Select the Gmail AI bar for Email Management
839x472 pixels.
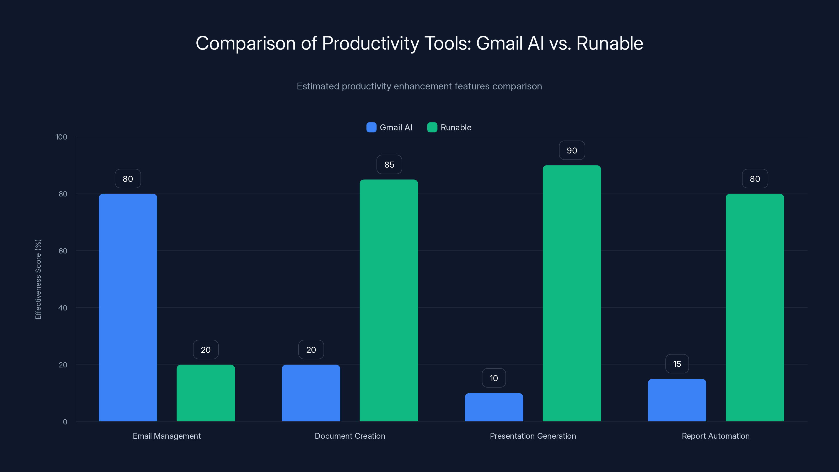tap(128, 308)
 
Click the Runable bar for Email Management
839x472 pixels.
tap(206, 393)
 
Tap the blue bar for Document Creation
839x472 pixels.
tap(311, 393)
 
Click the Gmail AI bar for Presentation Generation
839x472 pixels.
tap(494, 407)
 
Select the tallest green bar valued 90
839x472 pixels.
tap(572, 293)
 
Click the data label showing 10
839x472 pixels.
tap(494, 378)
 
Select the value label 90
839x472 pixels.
tap(572, 151)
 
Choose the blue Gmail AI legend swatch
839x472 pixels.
tap(371, 127)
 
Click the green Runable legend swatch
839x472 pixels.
tap(432, 127)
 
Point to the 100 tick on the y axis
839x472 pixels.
tap(61, 137)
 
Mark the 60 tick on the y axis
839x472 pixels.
tap(63, 251)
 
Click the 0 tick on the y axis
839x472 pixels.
tap(65, 422)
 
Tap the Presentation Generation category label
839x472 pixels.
tap(533, 436)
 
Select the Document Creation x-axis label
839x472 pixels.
tap(350, 436)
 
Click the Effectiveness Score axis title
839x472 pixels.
tap(38, 279)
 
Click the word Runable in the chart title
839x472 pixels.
tap(609, 43)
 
